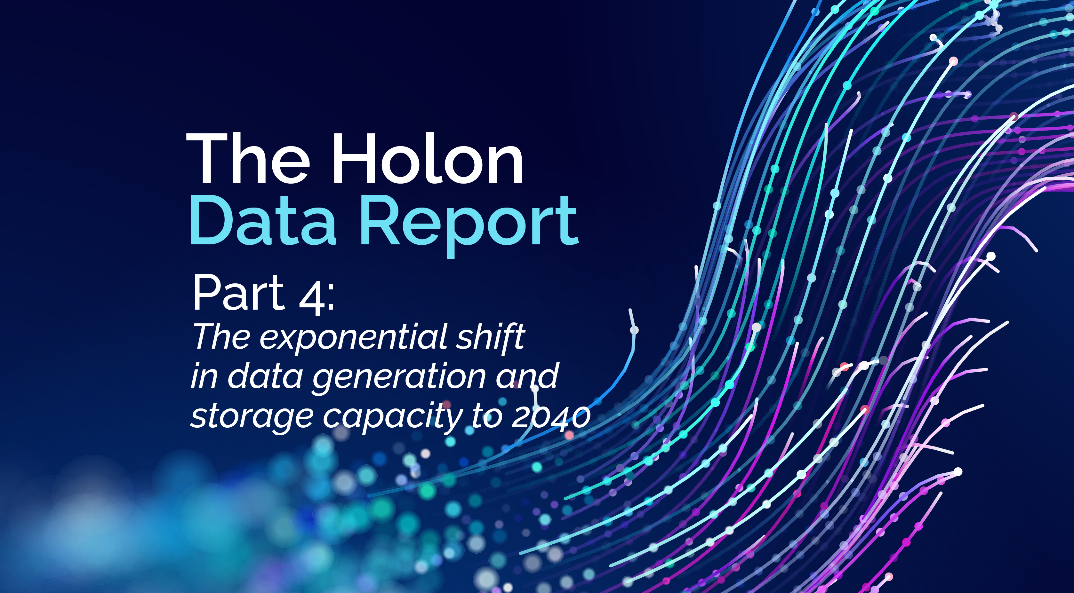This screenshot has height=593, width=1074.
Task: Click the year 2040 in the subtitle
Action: point(550,417)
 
